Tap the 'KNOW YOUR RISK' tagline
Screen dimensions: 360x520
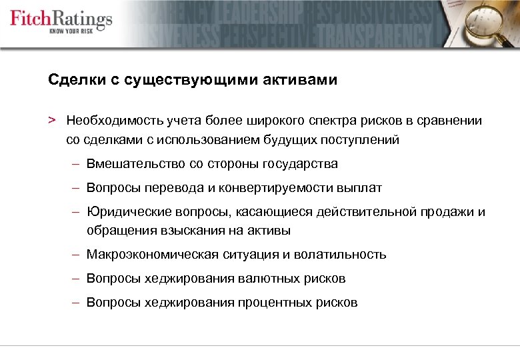(x=79, y=32)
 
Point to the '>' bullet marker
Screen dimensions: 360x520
(x=51, y=120)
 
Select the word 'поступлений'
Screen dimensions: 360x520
(x=363, y=140)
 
